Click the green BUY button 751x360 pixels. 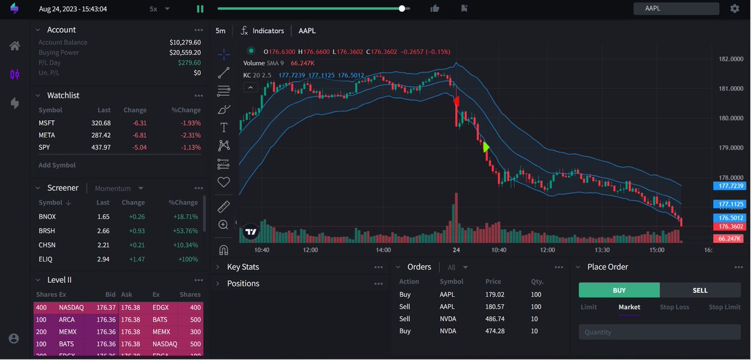619,290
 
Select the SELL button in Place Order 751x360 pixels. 700,290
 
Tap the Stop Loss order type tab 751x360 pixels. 674,307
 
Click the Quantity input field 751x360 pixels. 660,332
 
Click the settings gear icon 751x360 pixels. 734,9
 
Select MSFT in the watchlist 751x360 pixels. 46,123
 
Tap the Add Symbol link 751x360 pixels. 57,165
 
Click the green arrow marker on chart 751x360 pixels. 486,147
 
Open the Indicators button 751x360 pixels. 262,31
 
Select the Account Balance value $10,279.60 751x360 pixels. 185,43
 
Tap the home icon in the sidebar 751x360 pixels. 14,46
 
